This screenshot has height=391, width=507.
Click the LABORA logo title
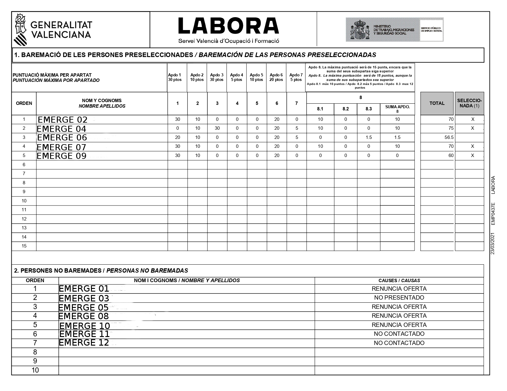click(x=228, y=26)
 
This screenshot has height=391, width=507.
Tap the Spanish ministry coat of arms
click(x=360, y=30)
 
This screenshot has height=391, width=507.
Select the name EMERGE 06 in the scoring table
click(x=62, y=137)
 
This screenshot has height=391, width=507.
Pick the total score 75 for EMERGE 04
click(x=450, y=128)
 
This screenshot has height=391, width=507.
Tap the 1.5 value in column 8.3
click(x=369, y=137)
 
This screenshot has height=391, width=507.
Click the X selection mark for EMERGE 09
click(x=473, y=155)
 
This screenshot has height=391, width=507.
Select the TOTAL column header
click(x=437, y=103)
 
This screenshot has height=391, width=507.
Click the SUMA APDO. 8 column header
click(x=397, y=109)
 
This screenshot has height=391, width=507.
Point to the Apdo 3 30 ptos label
click(x=217, y=77)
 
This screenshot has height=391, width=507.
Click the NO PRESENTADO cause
click(x=399, y=297)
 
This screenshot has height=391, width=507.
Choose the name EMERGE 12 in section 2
click(x=84, y=343)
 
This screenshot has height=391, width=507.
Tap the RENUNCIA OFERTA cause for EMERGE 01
click(x=399, y=289)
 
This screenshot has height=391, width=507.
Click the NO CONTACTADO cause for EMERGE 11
click(x=399, y=334)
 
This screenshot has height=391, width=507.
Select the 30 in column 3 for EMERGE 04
click(x=217, y=128)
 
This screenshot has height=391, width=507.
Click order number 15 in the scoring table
click(x=24, y=246)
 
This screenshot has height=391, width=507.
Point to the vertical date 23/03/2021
click(x=493, y=243)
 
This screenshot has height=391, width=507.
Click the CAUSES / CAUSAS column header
click(x=399, y=280)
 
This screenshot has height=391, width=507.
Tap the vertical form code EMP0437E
click(x=493, y=213)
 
